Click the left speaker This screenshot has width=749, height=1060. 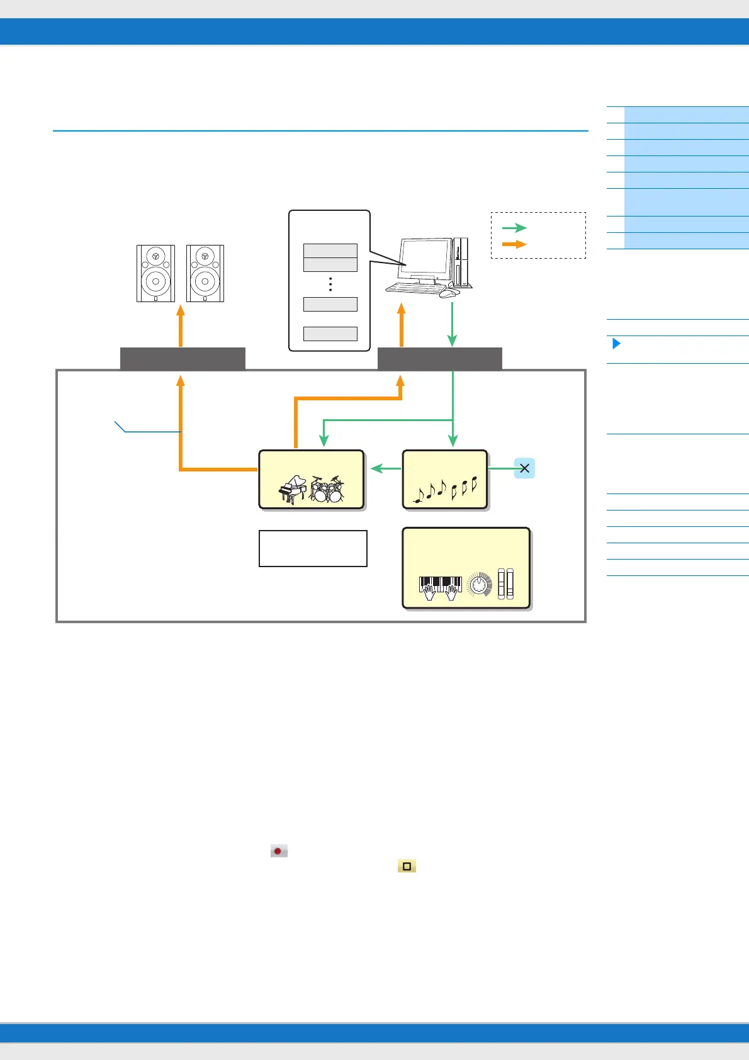[155, 273]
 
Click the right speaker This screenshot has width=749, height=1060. [205, 273]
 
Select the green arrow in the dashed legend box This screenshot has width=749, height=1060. [514, 228]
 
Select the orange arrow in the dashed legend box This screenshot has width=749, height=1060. [514, 244]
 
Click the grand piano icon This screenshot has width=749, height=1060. [292, 489]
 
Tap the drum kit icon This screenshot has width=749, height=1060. [327, 489]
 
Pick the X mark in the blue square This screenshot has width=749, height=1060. [524, 468]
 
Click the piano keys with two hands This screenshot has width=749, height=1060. [441, 587]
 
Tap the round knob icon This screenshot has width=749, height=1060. [480, 585]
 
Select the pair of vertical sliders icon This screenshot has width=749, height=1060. [505, 584]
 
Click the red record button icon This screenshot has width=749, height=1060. [279, 851]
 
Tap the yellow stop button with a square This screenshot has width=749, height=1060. [407, 867]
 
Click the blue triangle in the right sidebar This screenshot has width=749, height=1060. [616, 344]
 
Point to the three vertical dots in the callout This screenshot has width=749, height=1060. [330, 284]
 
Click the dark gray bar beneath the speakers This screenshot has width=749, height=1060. [183, 358]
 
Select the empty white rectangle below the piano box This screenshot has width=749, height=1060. [313, 548]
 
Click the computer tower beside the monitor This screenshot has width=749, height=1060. [462, 262]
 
